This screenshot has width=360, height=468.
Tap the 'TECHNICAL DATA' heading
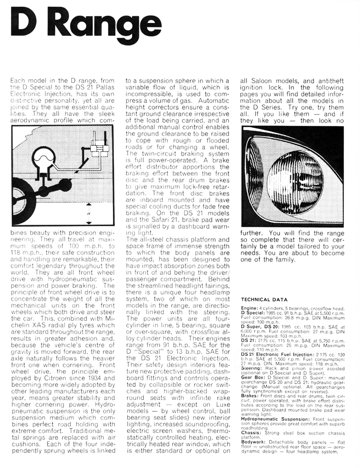pyautogui.click(x=262, y=299)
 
